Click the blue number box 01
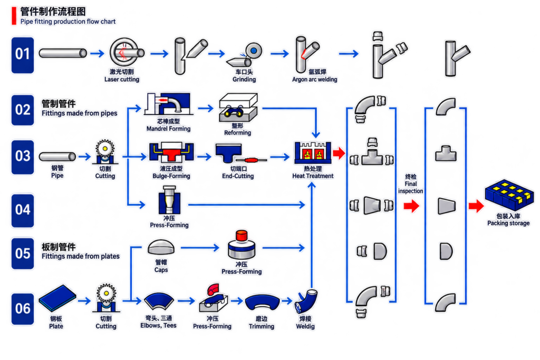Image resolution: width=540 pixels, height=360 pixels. point(23,55)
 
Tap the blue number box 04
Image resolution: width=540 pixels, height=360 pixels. point(23,210)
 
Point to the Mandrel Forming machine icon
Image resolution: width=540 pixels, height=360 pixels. point(168,103)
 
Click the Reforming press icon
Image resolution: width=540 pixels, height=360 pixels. point(238,108)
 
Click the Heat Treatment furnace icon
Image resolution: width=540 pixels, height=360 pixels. point(313,152)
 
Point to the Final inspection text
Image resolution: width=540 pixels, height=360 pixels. point(410,184)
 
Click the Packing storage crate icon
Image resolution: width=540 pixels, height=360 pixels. point(509,194)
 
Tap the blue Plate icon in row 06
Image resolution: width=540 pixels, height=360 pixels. point(57,298)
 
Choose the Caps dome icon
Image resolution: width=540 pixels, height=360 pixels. point(161,247)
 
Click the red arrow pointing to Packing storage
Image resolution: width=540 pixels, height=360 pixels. point(476,206)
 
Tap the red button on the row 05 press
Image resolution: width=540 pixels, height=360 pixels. point(242,236)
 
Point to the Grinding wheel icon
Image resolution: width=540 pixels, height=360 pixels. point(254,51)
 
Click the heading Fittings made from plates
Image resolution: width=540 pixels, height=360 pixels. point(81,256)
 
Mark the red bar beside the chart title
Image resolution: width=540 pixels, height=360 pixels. point(14,16)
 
